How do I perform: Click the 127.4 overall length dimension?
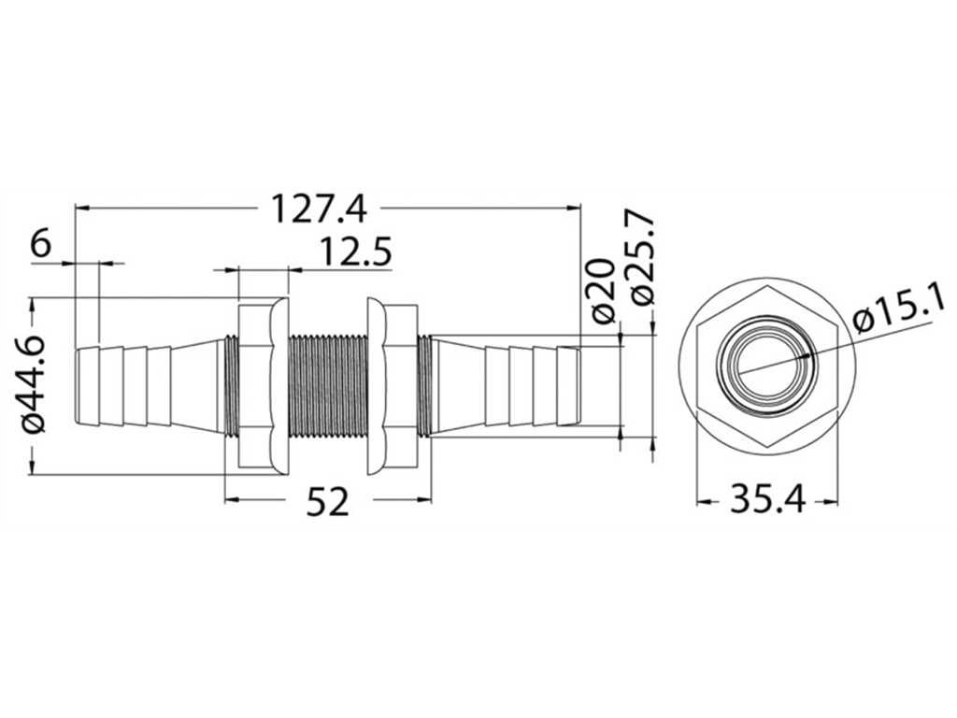point(318,208)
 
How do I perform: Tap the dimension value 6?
point(41,245)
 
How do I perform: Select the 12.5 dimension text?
point(355,252)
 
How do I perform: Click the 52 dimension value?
point(328,501)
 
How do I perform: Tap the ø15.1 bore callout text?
point(902,311)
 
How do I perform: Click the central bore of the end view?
point(767,368)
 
